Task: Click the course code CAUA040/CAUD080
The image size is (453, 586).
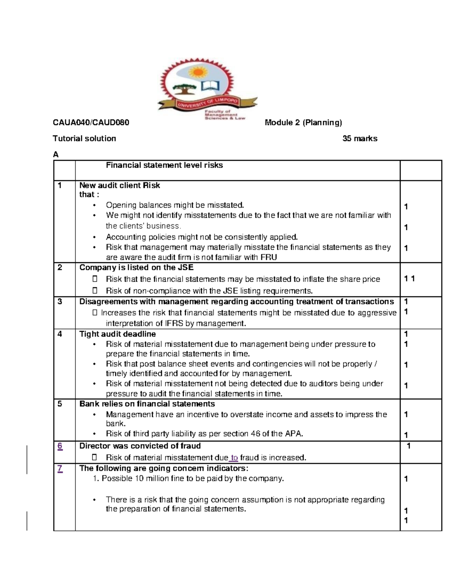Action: tap(91, 123)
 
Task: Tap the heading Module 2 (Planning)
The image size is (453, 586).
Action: tap(303, 123)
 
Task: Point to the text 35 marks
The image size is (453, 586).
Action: tap(360, 138)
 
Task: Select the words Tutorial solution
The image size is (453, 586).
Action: tap(84, 138)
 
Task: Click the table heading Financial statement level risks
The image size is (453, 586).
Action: tap(164, 165)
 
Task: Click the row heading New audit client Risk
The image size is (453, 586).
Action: tap(119, 185)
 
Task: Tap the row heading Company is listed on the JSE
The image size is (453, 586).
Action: tap(136, 268)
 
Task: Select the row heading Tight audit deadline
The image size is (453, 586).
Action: tap(117, 334)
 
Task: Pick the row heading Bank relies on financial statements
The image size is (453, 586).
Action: tap(147, 404)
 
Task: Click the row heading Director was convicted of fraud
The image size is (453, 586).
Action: tap(140, 446)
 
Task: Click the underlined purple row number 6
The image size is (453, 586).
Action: tap(60, 446)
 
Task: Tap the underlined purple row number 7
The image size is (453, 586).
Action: tap(60, 469)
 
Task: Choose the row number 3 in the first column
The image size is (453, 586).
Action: tap(59, 301)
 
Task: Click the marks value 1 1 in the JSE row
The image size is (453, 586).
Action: tap(409, 279)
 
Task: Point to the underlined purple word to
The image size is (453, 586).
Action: tap(234, 458)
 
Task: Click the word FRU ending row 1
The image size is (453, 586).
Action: tap(269, 258)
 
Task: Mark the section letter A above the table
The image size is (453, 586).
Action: tap(56, 154)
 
